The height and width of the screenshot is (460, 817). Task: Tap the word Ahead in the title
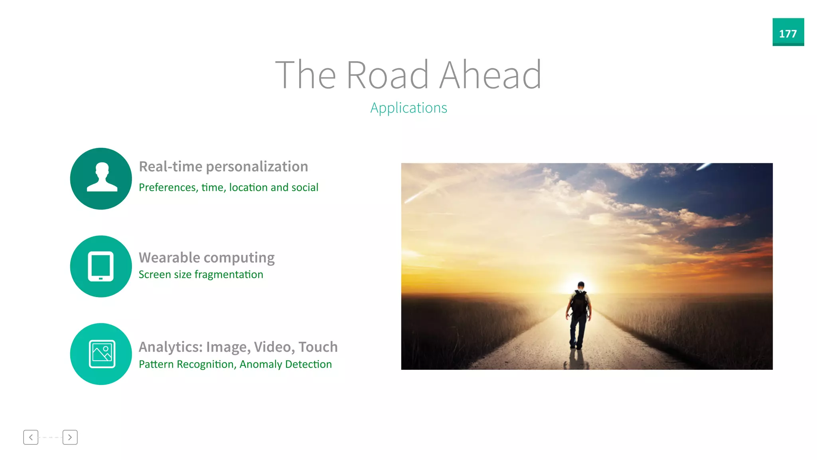coord(490,75)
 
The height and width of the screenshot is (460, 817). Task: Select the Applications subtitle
coord(408,108)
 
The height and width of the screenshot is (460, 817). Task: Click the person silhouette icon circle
coord(101,178)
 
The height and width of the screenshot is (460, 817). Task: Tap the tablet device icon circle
coord(101,266)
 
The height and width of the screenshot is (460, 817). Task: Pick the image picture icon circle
coord(101,354)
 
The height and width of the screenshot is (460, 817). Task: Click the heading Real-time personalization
coord(223,167)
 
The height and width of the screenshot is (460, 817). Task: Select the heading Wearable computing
coord(207,258)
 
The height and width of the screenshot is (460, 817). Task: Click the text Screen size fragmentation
coord(201,274)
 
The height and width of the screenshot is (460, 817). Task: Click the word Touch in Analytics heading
coord(318,347)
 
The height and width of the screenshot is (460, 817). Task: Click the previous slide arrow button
coord(31,437)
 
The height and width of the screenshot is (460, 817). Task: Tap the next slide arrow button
coord(70,437)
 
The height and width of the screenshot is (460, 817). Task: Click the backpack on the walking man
coord(579,303)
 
